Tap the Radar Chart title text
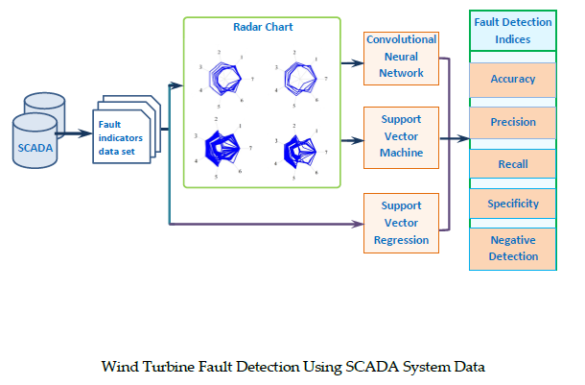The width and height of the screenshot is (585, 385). click(x=263, y=27)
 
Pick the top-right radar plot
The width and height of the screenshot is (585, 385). click(x=301, y=75)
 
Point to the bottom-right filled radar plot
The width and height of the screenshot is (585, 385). click(x=302, y=149)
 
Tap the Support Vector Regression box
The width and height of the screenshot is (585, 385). click(x=401, y=223)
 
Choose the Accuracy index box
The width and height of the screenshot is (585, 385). click(x=512, y=80)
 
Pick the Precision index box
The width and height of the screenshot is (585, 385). click(x=512, y=122)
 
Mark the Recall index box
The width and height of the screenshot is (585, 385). click(x=512, y=164)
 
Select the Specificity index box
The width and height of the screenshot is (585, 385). click(x=512, y=204)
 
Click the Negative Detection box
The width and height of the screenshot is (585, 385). click(x=512, y=248)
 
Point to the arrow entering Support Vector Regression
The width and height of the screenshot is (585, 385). click(x=355, y=225)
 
